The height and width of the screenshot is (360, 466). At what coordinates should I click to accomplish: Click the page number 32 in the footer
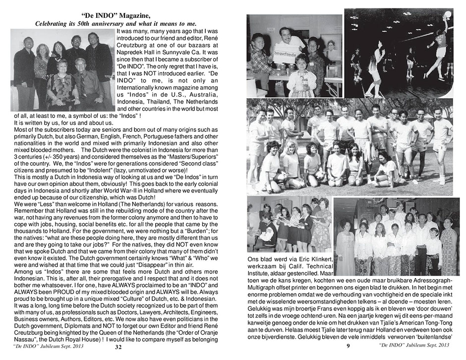tap(118, 347)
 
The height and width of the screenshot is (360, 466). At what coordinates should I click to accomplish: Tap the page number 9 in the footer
tap(348, 346)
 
